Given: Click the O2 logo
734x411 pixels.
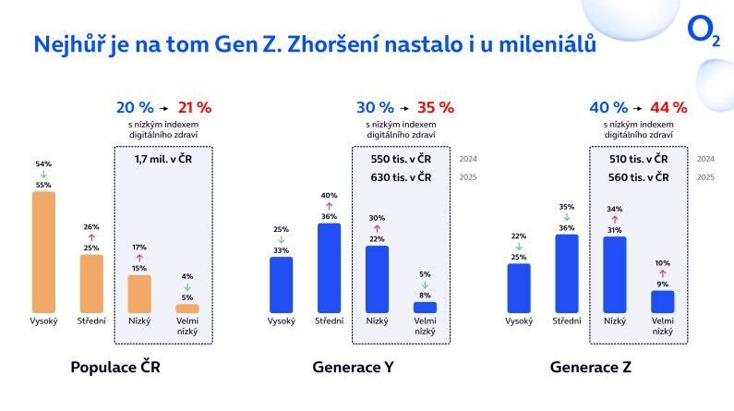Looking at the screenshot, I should (x=703, y=31).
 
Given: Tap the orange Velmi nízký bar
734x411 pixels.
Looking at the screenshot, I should (x=187, y=308).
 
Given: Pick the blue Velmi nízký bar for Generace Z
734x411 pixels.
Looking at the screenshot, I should (x=663, y=302).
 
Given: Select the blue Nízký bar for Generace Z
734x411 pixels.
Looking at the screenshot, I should (x=615, y=274).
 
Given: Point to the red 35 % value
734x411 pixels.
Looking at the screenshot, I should (x=436, y=107).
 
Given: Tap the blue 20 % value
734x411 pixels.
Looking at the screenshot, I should (x=135, y=107).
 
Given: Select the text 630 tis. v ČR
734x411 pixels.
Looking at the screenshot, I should (x=402, y=176).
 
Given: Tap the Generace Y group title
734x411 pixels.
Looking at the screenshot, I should (x=353, y=367).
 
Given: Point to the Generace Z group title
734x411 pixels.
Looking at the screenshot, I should (x=591, y=367).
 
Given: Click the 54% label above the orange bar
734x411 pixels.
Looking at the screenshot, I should (x=43, y=163).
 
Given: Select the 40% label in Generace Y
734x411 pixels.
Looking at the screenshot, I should (x=329, y=195).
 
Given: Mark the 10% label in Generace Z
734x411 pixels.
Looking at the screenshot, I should (x=663, y=262).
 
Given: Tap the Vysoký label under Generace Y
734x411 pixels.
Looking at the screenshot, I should (x=281, y=321).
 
